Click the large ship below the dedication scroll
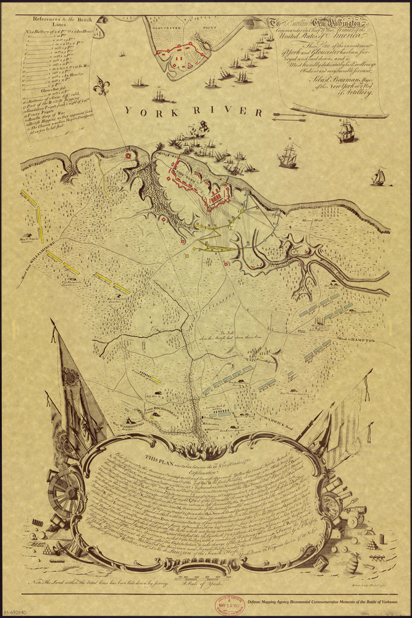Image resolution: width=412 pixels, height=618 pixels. [x=348, y=131]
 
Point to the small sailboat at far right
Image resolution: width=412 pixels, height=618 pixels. [x=378, y=178]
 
